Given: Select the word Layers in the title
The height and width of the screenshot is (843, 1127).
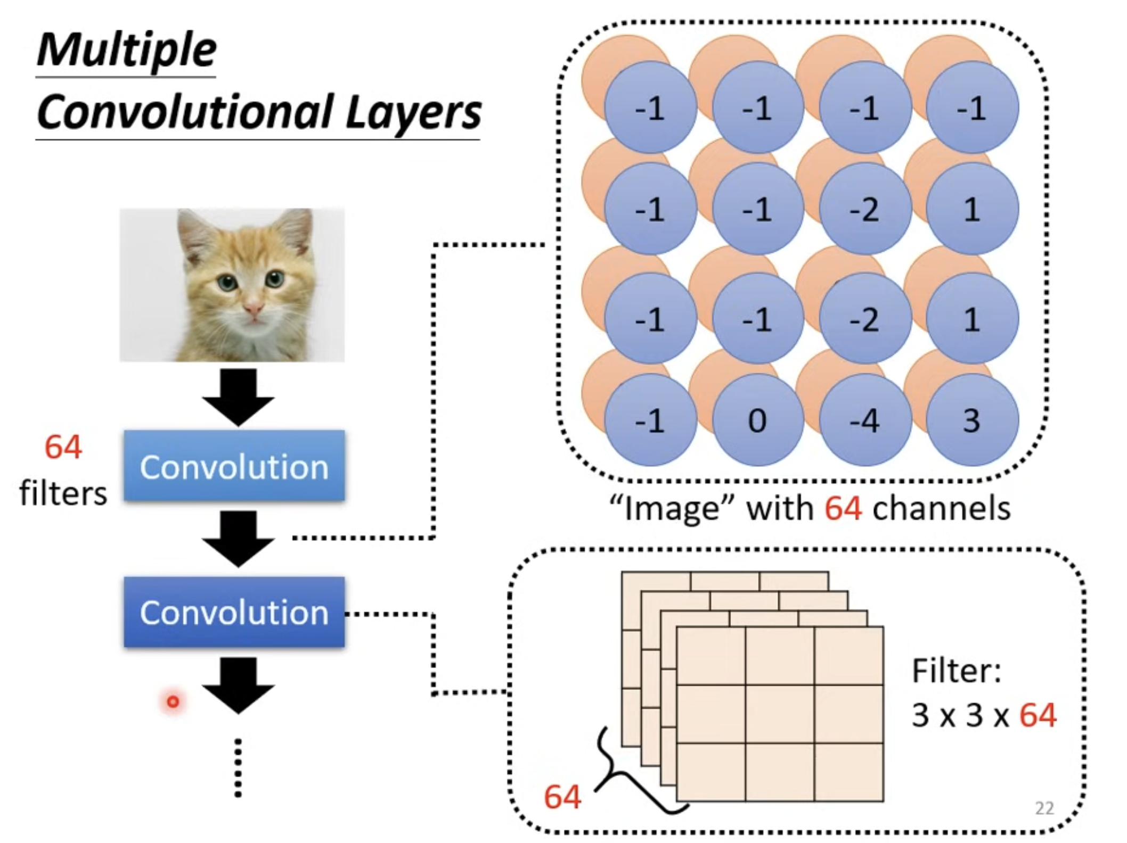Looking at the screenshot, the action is click(413, 113).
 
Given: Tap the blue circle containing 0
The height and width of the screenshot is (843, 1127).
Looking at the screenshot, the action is click(758, 420).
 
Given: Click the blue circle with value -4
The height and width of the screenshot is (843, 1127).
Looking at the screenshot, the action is click(864, 420).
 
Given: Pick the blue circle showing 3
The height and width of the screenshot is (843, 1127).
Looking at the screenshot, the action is click(972, 420).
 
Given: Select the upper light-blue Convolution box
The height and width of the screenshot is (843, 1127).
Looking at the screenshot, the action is click(234, 466).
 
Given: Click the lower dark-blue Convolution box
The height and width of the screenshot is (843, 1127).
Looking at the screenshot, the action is click(234, 612).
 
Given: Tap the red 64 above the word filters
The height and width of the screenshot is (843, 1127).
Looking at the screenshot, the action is click(63, 447).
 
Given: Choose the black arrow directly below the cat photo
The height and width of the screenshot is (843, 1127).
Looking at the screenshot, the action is click(238, 397).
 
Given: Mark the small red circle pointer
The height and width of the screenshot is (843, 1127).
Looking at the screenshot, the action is click(173, 702).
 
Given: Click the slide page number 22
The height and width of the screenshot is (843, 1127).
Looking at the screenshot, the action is click(1044, 808).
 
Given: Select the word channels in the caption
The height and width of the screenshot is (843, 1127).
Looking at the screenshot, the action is click(941, 508).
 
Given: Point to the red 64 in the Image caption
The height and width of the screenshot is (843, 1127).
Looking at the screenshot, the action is click(843, 508).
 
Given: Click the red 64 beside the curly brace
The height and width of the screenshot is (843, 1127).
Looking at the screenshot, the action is click(562, 797).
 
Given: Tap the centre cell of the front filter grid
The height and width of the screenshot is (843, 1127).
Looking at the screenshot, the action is click(780, 714).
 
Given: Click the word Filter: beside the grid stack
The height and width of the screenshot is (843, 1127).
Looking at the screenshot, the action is click(957, 671).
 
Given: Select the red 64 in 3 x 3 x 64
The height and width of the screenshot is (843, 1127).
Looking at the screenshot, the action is click(1038, 715).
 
